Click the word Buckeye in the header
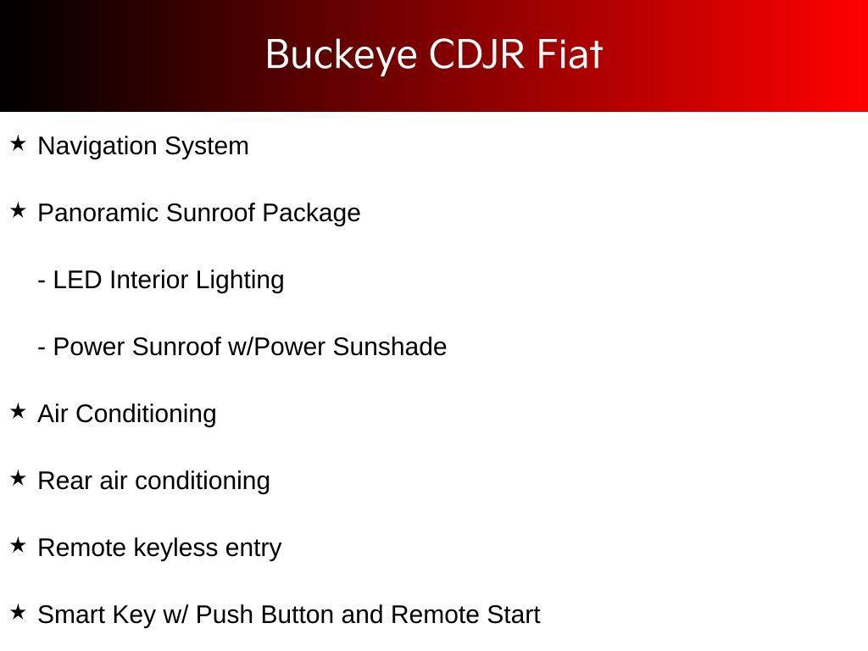coord(341,55)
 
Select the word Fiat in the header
coord(570,54)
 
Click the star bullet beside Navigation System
coord(18,143)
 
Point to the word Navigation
coord(97,147)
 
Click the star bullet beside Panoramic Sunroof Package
coord(18,210)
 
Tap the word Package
coord(311,214)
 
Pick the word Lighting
coord(240,281)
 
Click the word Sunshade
coord(390,347)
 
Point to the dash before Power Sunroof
coord(42,349)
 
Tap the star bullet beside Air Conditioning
coord(18,411)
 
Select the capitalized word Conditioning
coord(146,415)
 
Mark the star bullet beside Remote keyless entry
coord(18,545)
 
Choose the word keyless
coord(175,548)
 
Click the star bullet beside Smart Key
coord(18,612)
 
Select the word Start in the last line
coord(514,615)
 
